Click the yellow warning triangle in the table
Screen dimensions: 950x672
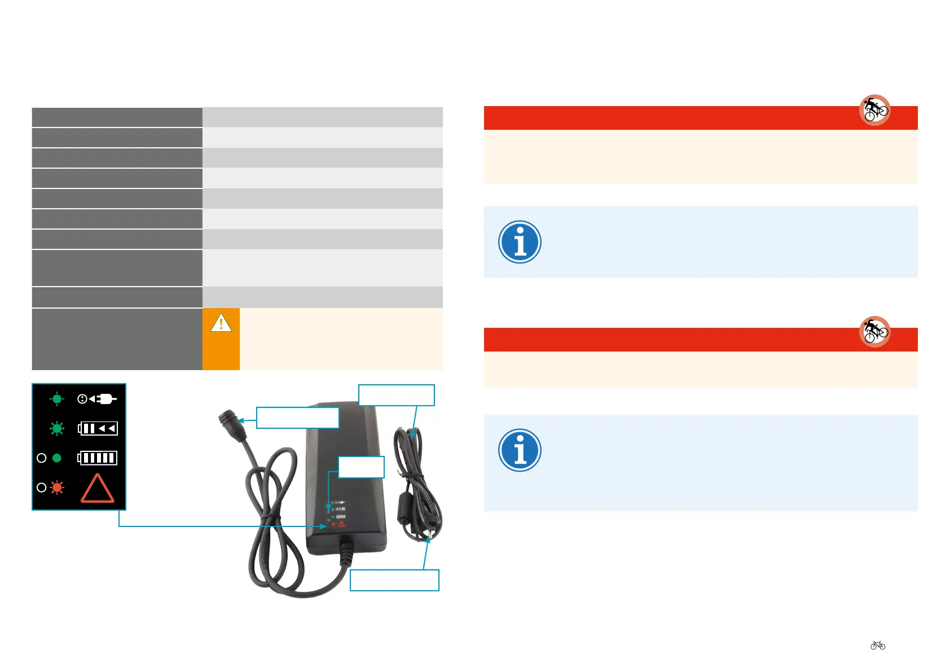221,323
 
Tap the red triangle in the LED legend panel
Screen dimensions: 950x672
98,488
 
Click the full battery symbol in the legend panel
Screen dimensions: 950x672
98,458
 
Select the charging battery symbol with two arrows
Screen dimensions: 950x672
98,428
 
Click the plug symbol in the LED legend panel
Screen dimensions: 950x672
97,399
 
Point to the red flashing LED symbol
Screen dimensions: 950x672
57,487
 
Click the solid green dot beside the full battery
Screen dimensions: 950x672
56,458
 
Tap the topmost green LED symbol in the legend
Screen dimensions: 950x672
57,399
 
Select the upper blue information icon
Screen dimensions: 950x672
520,242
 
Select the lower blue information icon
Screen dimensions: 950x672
520,450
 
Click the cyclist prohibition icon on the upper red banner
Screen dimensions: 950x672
874,109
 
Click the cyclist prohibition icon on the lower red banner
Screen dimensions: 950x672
874,331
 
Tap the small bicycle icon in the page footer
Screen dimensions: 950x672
878,645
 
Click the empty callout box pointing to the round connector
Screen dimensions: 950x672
297,418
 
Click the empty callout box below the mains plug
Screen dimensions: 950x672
394,580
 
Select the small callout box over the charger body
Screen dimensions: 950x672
361,467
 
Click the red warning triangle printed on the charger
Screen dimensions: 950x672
341,524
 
